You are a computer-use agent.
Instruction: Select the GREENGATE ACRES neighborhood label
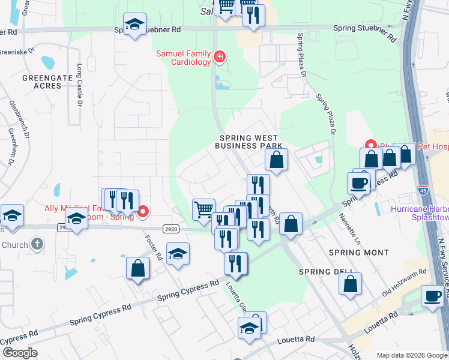42,82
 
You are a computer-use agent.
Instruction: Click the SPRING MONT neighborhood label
359,253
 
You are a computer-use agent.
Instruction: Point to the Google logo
19,352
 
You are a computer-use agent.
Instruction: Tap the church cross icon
37,244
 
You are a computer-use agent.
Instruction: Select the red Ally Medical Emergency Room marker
143,211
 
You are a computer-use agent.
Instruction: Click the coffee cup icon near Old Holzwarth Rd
432,295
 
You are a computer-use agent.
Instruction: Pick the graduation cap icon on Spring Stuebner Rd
134,25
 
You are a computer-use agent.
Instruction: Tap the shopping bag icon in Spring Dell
351,282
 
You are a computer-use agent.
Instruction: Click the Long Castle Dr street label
79,85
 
